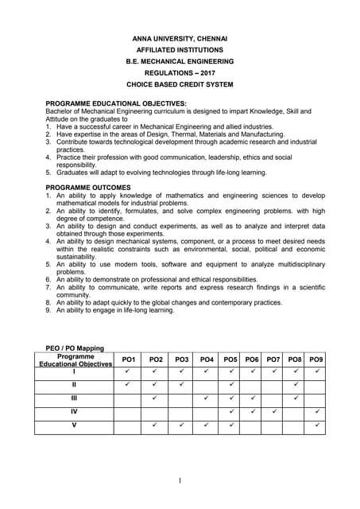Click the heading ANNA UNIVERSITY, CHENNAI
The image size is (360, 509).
coord(180,38)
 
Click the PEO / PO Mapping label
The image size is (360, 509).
coord(75,348)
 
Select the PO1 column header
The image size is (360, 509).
coord(127,360)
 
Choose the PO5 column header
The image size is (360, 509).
coord(230,360)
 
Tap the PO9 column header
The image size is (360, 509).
coord(315,360)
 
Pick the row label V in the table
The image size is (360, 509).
coord(74,426)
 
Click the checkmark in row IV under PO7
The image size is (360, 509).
coord(273,412)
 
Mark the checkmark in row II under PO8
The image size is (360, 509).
coord(295,385)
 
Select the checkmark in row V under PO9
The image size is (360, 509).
coord(316,426)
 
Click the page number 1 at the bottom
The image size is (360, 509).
coord(180,480)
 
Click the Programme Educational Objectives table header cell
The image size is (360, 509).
coord(75,360)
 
